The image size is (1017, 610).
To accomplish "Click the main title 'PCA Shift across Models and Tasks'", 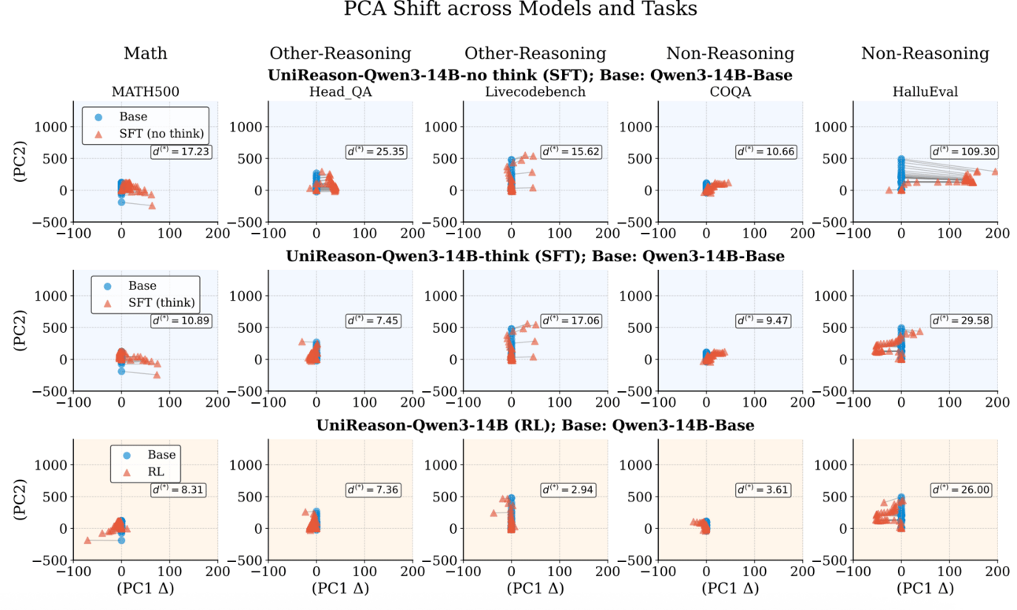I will [520, 10].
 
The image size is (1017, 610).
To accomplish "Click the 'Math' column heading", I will [145, 54].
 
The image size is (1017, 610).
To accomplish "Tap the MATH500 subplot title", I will [145, 92].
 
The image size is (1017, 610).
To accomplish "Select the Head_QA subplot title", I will [340, 92].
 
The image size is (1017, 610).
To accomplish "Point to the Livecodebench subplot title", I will [534, 92].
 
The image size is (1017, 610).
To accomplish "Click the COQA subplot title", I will [730, 92].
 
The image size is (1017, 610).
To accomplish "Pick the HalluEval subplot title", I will [925, 92].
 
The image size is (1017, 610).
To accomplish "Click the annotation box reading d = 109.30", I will [960, 151].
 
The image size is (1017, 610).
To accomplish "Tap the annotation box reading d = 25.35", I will [375, 151].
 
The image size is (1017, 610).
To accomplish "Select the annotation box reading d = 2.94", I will [571, 490].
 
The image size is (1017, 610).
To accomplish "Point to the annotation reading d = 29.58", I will [960, 320].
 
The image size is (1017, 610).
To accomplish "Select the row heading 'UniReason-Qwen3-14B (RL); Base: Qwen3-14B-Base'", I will [535, 425].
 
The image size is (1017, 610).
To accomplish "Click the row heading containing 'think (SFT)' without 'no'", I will [535, 257].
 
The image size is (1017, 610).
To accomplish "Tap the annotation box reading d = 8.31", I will [180, 490].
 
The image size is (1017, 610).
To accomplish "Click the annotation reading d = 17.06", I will [571, 320].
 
